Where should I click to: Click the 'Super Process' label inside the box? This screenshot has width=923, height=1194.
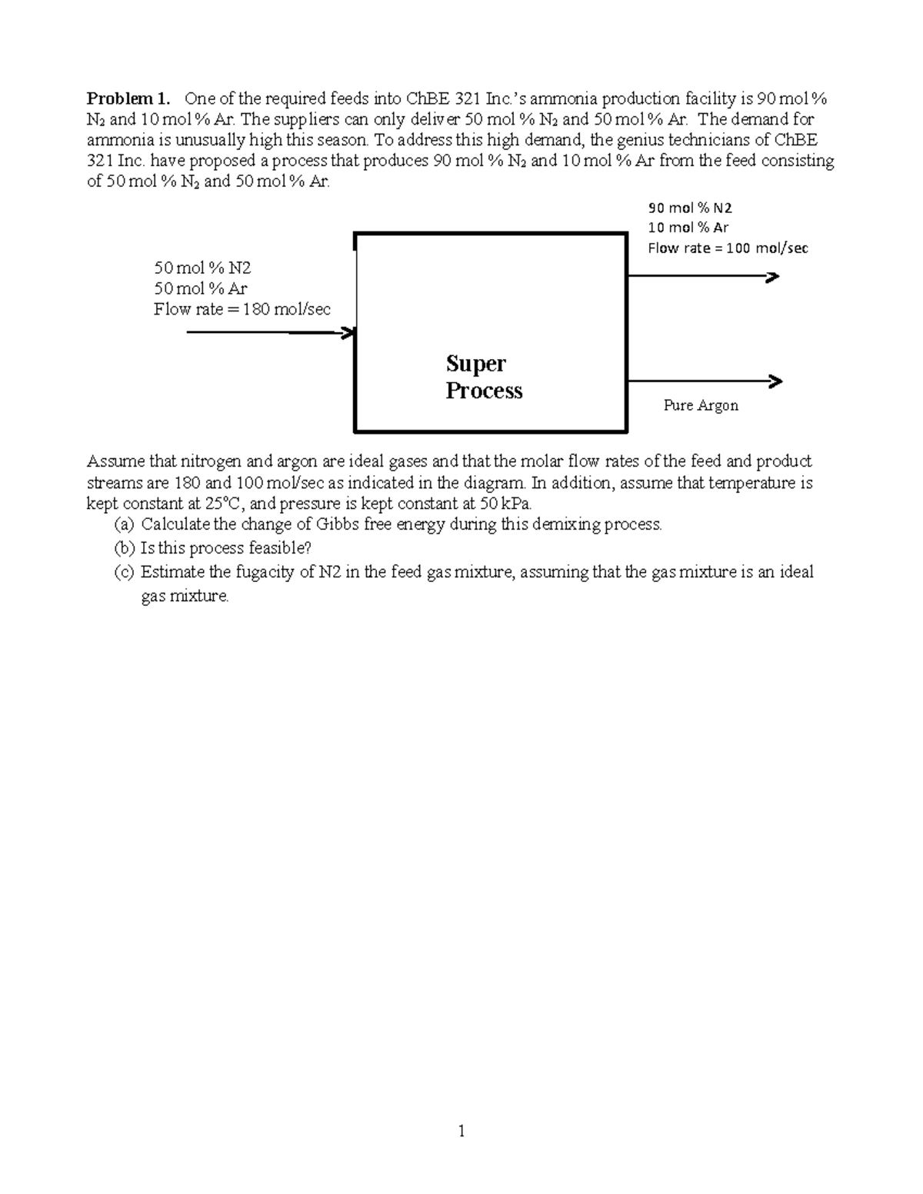pyautogui.click(x=484, y=377)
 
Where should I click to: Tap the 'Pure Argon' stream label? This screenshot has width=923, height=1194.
pyautogui.click(x=701, y=405)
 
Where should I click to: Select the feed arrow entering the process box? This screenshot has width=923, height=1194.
pyautogui.click(x=269, y=332)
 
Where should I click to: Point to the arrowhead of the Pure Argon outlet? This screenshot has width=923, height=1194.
pyautogui.click(x=775, y=381)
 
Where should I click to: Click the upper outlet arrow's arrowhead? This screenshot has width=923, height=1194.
pyautogui.click(x=772, y=277)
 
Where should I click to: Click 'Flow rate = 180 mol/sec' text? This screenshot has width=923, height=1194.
pyautogui.click(x=242, y=309)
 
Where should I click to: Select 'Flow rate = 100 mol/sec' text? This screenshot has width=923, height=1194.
pyautogui.click(x=728, y=248)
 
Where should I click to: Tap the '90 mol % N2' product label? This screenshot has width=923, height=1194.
pyautogui.click(x=690, y=208)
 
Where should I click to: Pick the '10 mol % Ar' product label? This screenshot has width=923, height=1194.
pyautogui.click(x=688, y=228)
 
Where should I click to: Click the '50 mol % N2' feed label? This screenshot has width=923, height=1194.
pyautogui.click(x=202, y=268)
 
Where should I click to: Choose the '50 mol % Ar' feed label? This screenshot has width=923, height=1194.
pyautogui.click(x=200, y=288)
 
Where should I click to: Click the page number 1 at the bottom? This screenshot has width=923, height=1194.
pyautogui.click(x=461, y=1130)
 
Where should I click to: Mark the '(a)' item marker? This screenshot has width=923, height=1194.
pyautogui.click(x=123, y=524)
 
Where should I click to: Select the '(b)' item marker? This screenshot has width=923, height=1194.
pyautogui.click(x=123, y=548)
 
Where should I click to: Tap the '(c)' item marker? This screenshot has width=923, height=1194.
pyautogui.click(x=123, y=572)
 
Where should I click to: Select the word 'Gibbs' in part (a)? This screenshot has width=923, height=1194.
pyautogui.click(x=318, y=524)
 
